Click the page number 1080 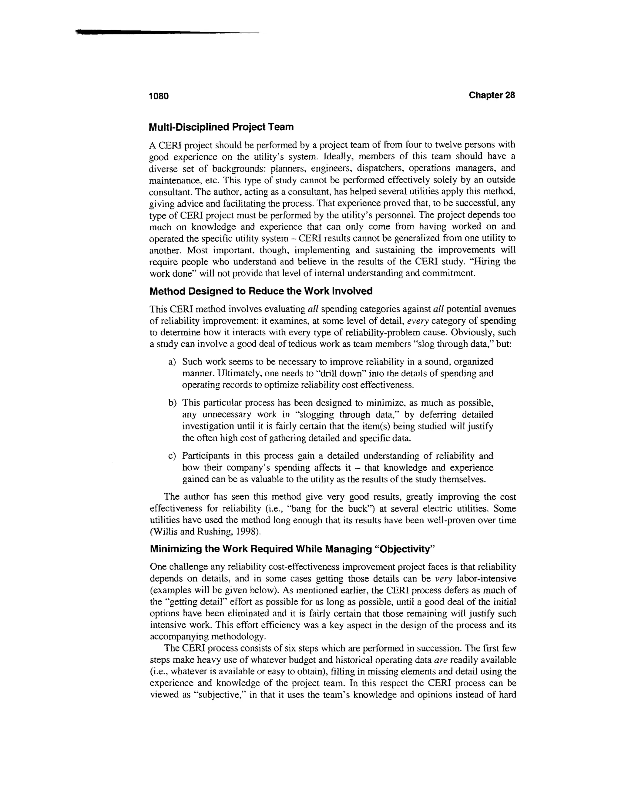pyautogui.click(x=159, y=96)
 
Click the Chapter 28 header pyautogui.click(x=492, y=95)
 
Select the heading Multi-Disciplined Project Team pyautogui.click(x=221, y=127)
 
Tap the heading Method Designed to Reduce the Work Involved pyautogui.click(x=261, y=291)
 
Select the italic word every pyautogui.click(x=418, y=321)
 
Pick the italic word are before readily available pyautogui.click(x=441, y=660)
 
